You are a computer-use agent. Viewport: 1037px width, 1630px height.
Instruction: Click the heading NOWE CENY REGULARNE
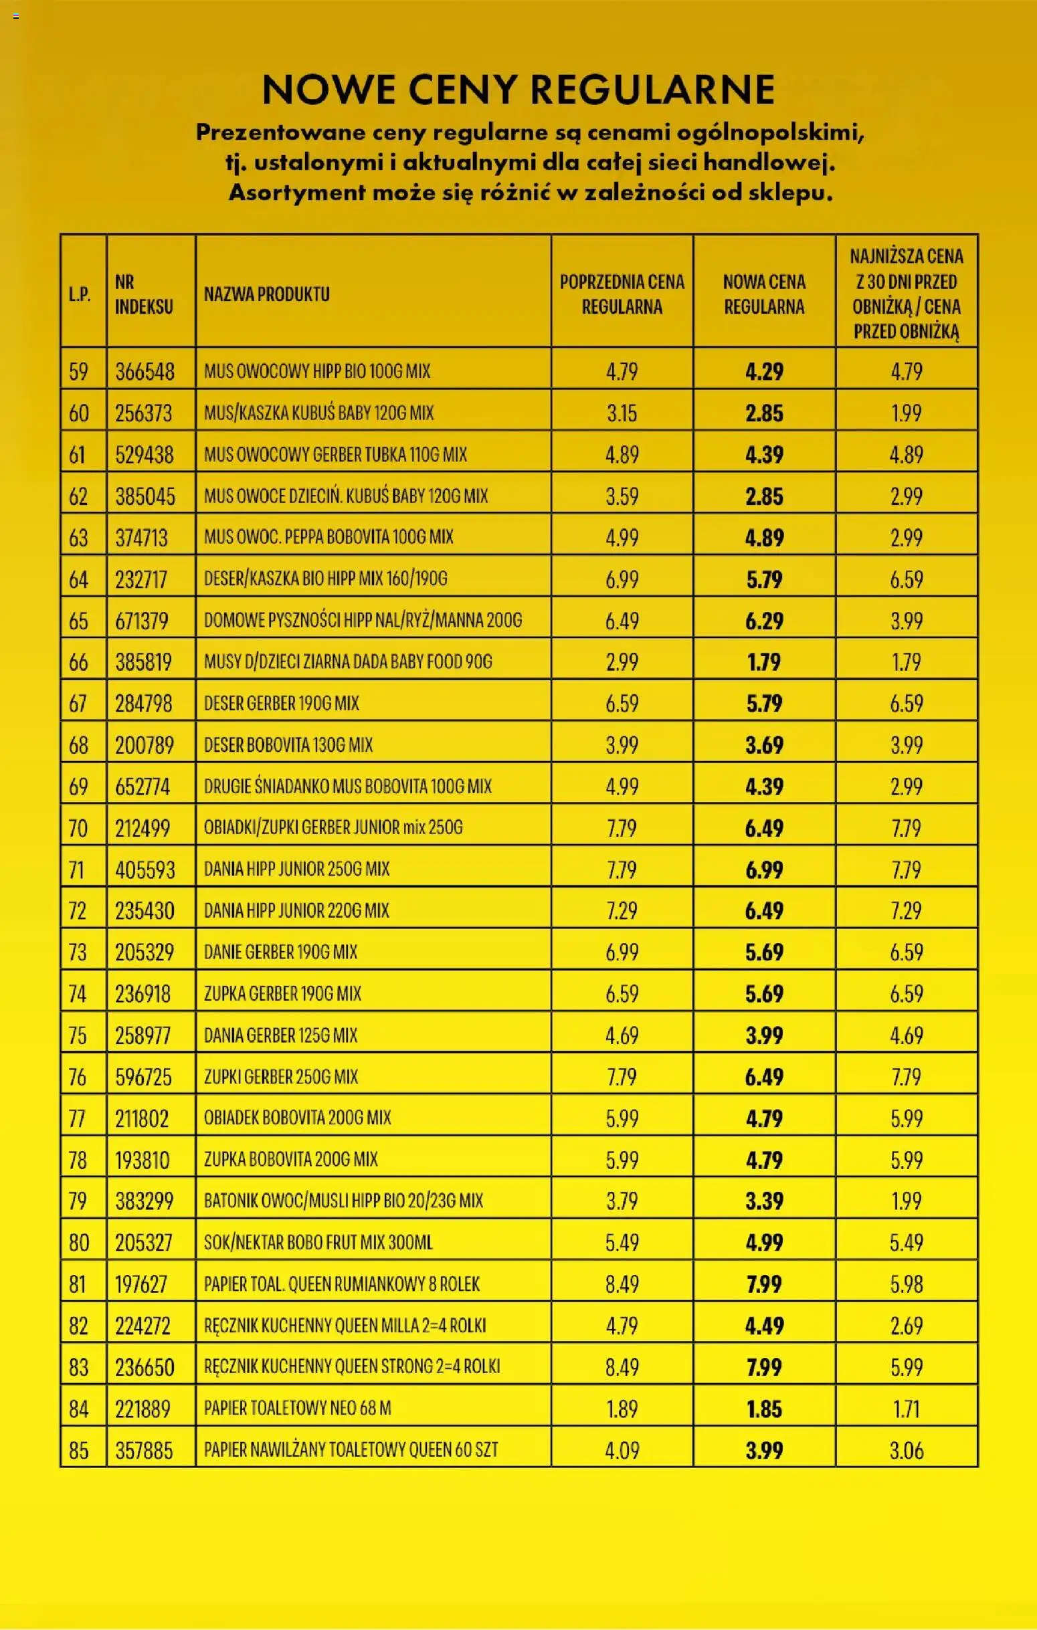coord(518,90)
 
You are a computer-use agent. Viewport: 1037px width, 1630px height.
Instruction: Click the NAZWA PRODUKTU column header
coord(267,294)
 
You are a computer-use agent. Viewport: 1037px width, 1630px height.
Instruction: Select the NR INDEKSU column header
coord(143,294)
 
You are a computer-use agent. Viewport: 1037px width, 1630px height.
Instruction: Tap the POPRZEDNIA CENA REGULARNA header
coord(622,294)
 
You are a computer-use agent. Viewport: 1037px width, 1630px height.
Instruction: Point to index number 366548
coord(145,372)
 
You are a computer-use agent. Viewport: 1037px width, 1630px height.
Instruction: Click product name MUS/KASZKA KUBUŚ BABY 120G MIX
coord(319,413)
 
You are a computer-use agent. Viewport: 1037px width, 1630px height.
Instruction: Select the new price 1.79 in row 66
coord(763,662)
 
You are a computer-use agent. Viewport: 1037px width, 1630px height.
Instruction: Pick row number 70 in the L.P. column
coord(78,828)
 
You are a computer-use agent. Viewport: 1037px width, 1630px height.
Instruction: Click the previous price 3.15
coord(622,413)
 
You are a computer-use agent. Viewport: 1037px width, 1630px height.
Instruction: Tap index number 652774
coord(143,787)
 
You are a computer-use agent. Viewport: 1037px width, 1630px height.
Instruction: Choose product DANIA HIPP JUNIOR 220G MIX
coord(296,910)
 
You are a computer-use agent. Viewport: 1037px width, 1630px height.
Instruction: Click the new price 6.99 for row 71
coord(763,870)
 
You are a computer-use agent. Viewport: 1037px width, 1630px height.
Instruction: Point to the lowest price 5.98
coord(907,1284)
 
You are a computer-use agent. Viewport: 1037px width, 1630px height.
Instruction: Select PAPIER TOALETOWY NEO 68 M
coord(297,1409)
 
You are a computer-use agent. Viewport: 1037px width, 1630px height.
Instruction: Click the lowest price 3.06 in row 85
coord(907,1450)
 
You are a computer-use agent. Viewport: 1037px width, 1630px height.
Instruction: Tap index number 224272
coord(143,1326)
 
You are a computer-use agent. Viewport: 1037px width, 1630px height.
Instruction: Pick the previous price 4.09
coord(622,1450)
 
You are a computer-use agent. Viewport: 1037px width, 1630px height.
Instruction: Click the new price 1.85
coord(763,1409)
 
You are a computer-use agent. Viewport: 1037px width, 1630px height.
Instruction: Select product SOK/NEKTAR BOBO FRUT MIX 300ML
coord(318,1243)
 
